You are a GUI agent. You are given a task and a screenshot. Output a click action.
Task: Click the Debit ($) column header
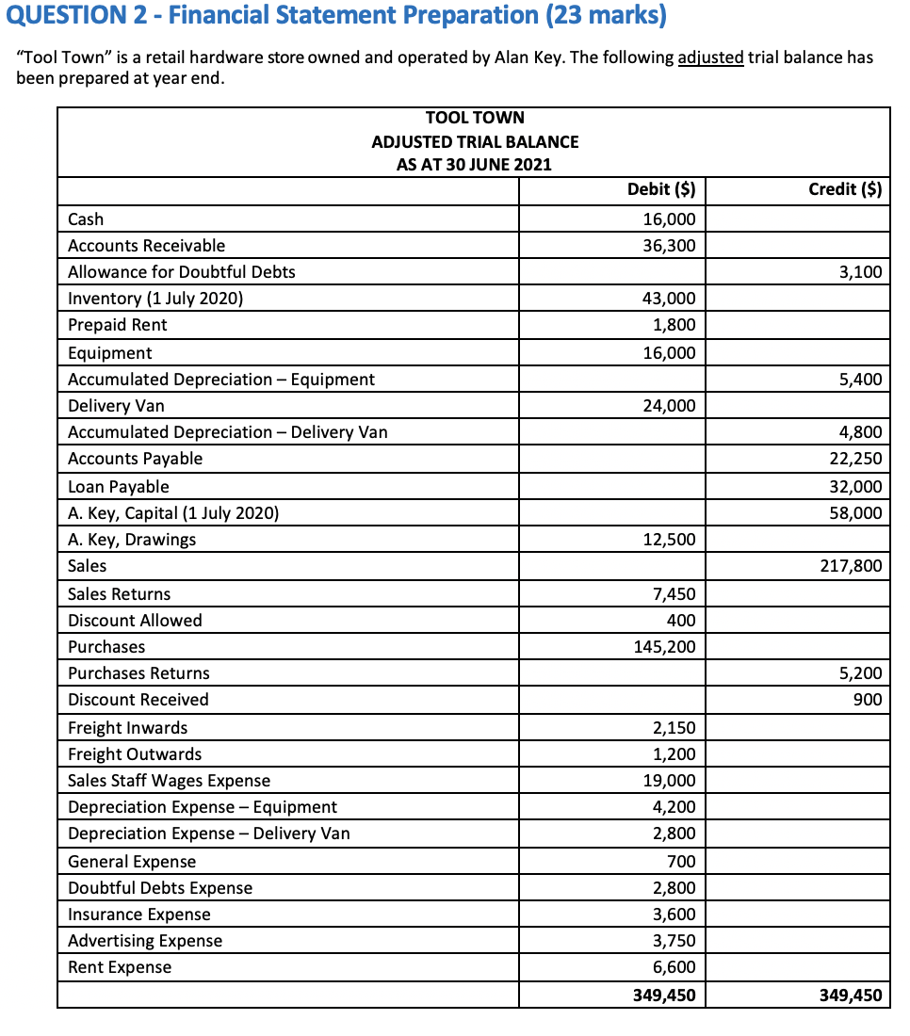tap(660, 189)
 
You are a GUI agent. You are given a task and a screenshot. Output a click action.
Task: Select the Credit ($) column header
tap(845, 189)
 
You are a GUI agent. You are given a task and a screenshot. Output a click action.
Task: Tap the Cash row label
tap(86, 219)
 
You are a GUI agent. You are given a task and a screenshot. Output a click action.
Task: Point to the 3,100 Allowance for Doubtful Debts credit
tap(860, 272)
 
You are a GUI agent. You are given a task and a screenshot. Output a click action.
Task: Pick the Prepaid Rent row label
tap(117, 325)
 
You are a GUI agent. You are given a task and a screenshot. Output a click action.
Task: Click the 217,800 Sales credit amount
tap(852, 566)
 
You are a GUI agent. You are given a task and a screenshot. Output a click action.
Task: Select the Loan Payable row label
tap(119, 487)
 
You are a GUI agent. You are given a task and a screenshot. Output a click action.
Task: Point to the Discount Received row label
tap(138, 700)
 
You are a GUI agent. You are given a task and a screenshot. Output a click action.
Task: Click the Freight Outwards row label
tap(135, 754)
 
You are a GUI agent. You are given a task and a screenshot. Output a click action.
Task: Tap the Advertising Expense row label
tap(145, 941)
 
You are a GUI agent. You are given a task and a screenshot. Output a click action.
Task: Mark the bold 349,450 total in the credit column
tap(852, 995)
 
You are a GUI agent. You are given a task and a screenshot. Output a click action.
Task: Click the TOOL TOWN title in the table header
tap(475, 118)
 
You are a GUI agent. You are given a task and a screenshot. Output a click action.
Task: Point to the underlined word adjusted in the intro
tap(710, 57)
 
